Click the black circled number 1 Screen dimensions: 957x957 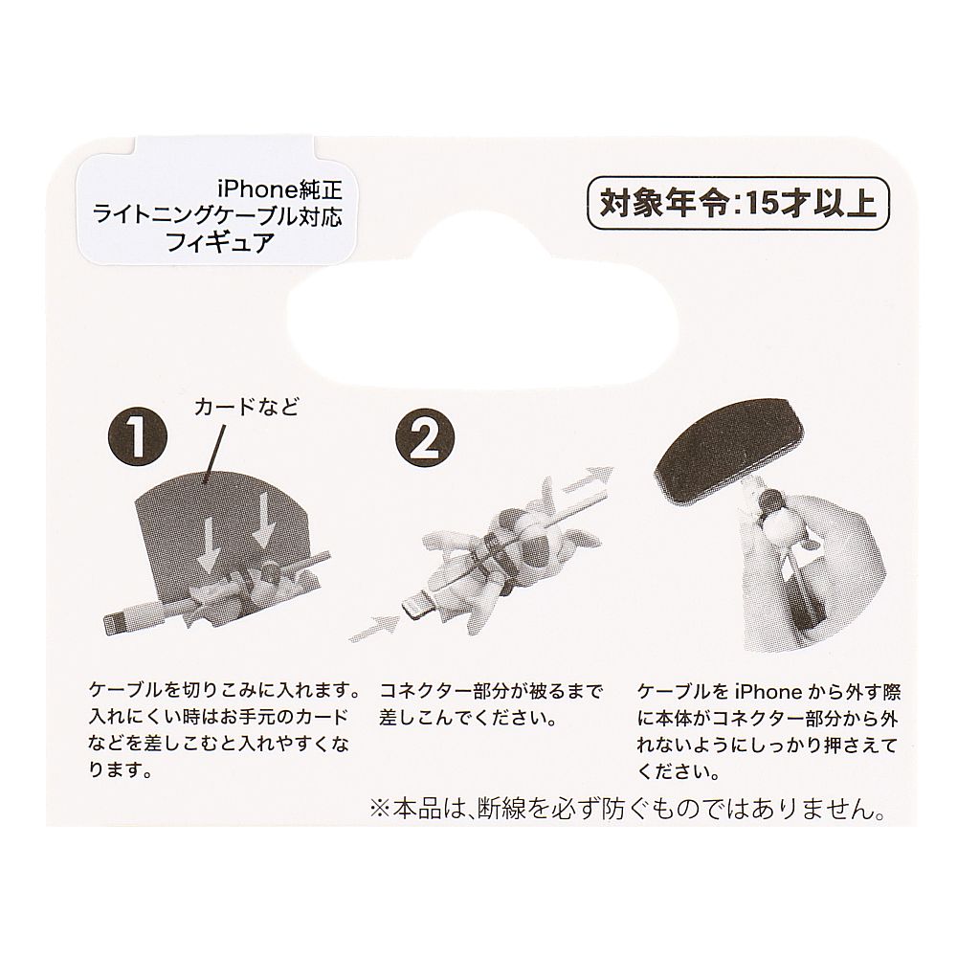coord(137,437)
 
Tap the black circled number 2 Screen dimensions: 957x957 coord(426,437)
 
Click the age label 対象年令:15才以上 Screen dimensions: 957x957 coord(737,203)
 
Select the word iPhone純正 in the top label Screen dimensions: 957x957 coord(280,190)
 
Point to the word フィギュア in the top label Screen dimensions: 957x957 coord(220,242)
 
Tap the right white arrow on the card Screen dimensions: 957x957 coord(263,519)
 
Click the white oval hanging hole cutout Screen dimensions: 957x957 coord(482,329)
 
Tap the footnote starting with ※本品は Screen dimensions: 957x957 coord(628,810)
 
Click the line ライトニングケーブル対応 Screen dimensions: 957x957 coord(218,216)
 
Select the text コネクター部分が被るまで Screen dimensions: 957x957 coord(491,691)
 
